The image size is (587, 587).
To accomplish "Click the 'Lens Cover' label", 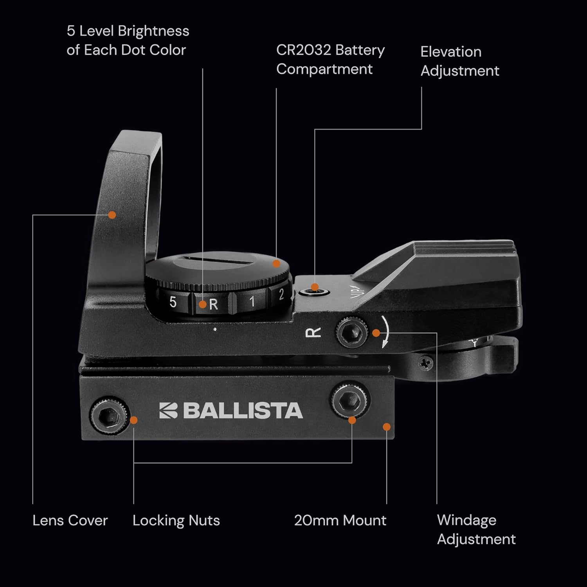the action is (70, 520).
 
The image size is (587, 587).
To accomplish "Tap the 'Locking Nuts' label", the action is (176, 520).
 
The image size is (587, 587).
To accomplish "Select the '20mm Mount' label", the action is (340, 520).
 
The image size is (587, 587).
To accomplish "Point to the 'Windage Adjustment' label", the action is (476, 529).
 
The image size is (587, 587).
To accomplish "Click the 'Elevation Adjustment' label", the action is (459, 61).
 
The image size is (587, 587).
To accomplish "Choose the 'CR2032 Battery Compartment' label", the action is (330, 59).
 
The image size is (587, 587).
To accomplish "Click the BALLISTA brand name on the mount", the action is (243, 411).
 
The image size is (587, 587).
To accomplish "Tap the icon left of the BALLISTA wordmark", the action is (168, 411).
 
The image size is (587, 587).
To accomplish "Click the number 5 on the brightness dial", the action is (173, 302).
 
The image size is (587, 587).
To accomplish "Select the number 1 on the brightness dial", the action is (252, 301).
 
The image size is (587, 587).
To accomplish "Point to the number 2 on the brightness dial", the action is (281, 295).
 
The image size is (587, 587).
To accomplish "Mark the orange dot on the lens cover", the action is (112, 215).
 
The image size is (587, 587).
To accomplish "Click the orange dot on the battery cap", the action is (276, 264).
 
